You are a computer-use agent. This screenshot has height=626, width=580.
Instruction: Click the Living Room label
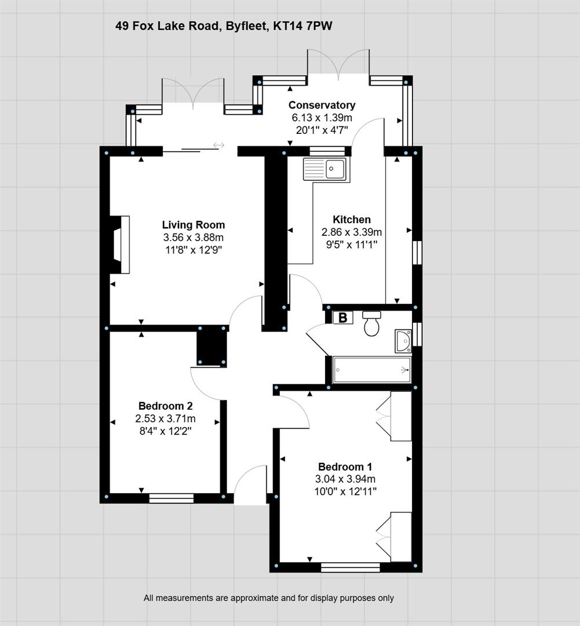[x=193, y=225]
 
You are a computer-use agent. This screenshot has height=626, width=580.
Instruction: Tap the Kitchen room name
[x=352, y=220]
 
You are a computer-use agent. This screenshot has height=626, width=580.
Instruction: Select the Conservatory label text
[x=322, y=105]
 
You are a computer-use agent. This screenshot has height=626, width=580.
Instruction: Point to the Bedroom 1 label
[x=345, y=467]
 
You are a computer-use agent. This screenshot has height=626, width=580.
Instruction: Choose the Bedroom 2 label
[x=165, y=406]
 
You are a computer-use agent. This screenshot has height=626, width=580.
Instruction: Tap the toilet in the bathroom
[x=371, y=323]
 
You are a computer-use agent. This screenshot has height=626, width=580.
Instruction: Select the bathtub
[x=371, y=370]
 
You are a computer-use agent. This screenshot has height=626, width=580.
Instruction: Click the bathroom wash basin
[x=403, y=341]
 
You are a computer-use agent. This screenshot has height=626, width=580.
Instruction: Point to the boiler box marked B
[x=343, y=318]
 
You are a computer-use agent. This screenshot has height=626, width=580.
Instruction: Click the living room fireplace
[x=120, y=245]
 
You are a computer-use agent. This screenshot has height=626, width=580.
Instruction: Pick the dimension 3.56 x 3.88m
[x=193, y=238]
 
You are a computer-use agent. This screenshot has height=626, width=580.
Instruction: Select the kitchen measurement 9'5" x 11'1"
[x=352, y=245]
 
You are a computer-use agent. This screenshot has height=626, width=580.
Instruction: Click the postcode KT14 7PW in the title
[x=302, y=26]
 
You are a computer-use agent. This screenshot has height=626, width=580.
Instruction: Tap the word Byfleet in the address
[x=246, y=27]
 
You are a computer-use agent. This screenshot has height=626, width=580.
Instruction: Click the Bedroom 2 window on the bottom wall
[x=172, y=498]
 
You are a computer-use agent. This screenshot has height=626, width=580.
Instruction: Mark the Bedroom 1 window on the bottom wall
[x=351, y=567]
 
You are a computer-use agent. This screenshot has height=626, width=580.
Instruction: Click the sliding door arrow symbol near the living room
[x=219, y=145]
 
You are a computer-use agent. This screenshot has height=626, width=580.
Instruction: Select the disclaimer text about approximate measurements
[x=269, y=598]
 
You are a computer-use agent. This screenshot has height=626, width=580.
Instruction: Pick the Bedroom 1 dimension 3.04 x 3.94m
[x=345, y=479]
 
